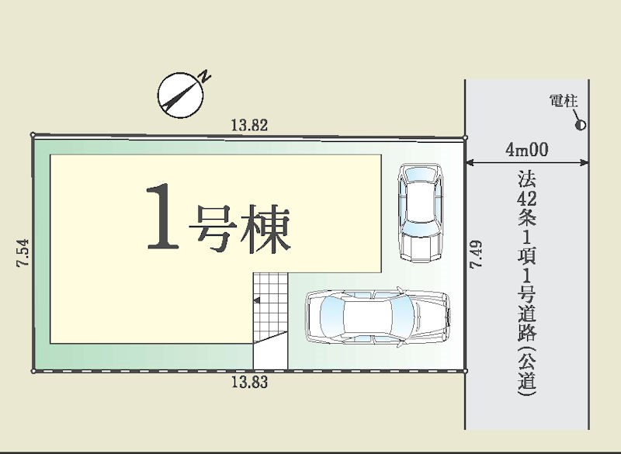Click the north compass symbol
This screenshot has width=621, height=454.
[x=179, y=95]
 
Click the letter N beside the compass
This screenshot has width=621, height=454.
[x=205, y=75]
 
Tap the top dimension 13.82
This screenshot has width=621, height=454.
[x=250, y=124]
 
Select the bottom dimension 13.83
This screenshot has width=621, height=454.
[x=250, y=383]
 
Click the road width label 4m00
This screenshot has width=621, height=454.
[x=526, y=149]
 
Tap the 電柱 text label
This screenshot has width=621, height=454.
[x=564, y=101]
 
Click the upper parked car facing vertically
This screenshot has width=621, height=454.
[x=419, y=211]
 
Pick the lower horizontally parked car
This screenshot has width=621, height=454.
[x=377, y=317]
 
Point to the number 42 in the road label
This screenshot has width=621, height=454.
[x=527, y=199]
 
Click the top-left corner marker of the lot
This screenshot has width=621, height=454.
[x=33, y=134]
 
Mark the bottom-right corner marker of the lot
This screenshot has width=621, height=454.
[x=466, y=371]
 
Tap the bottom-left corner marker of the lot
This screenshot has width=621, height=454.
[x=33, y=371]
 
